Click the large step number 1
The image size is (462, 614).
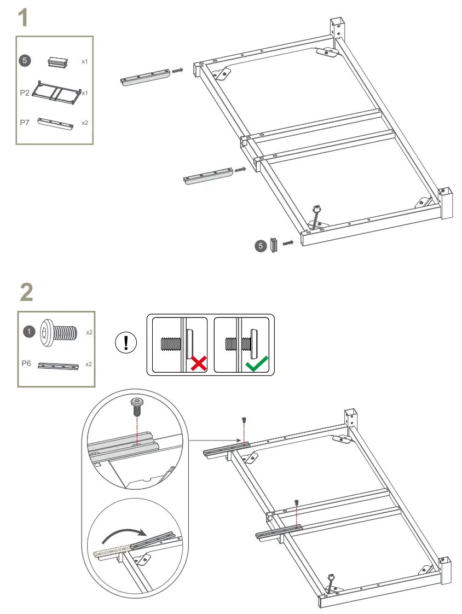coord(24,18)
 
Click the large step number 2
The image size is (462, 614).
coord(27,292)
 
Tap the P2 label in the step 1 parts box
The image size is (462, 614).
coord(25,93)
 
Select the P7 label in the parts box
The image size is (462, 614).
coord(25,123)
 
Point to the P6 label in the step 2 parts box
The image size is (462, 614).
coord(26,363)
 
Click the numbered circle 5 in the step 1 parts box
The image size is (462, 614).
coord(25,60)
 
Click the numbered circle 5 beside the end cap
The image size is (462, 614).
coord(261,246)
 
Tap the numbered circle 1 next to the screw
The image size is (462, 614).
coord(29,332)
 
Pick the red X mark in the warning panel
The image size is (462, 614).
coord(199,363)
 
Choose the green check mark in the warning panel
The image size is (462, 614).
coord(257,363)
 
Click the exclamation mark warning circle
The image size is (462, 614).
coord(126,343)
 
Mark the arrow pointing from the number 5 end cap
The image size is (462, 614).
coord(288,243)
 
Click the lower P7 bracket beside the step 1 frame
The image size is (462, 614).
coord(208,176)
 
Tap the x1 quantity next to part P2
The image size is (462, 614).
coord(85,93)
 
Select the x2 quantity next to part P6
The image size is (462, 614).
coord(89,364)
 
